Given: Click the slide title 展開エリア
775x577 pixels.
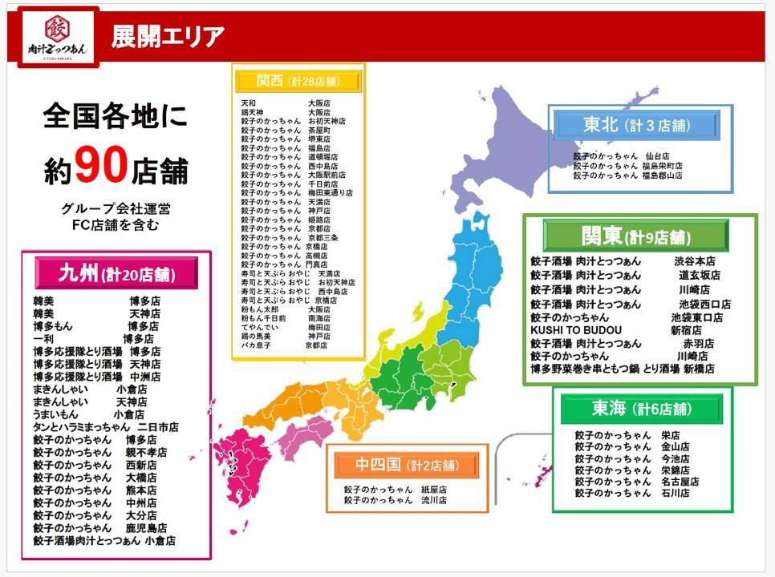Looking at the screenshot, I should click(x=168, y=36).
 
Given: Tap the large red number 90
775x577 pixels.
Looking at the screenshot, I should click(x=101, y=165).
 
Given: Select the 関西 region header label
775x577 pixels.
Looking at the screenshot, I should click(x=298, y=81).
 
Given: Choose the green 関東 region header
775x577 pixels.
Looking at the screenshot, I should click(x=635, y=236).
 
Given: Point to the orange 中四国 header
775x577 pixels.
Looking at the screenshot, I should click(x=407, y=465).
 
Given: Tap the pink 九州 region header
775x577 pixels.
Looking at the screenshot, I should click(x=116, y=274).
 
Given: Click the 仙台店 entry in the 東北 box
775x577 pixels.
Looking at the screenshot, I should click(x=656, y=156).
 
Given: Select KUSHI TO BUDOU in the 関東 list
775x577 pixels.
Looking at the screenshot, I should click(x=575, y=330).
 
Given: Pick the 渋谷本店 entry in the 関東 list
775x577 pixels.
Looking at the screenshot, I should click(x=694, y=261).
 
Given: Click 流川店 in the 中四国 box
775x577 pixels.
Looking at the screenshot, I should click(x=434, y=500).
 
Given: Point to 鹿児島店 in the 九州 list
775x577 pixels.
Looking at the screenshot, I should click(x=145, y=528).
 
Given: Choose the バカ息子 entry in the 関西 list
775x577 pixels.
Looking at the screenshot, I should click(x=257, y=345).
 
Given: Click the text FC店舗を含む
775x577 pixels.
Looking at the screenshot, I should click(x=116, y=225).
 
